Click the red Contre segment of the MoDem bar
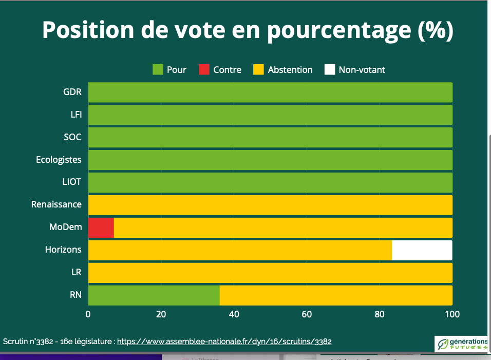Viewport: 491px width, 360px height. pyautogui.click(x=101, y=228)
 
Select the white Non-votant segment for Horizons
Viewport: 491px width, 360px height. pyautogui.click(x=422, y=250)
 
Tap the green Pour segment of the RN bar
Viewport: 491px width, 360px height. pyautogui.click(x=154, y=295)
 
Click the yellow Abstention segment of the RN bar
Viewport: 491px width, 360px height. pyautogui.click(x=336, y=295)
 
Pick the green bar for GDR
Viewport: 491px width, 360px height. pyautogui.click(x=270, y=92)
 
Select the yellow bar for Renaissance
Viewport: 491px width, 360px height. pyautogui.click(x=270, y=205)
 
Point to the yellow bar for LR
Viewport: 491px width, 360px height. pyautogui.click(x=270, y=273)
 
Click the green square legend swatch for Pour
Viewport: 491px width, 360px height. pyautogui.click(x=158, y=70)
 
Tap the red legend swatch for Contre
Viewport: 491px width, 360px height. pyautogui.click(x=204, y=70)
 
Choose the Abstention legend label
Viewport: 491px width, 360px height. pyautogui.click(x=290, y=70)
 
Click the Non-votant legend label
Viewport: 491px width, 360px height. pyautogui.click(x=362, y=70)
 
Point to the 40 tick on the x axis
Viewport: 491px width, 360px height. pyautogui.click(x=234, y=314)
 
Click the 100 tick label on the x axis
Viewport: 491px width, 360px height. pyautogui.click(x=452, y=314)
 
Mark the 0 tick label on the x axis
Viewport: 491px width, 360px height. pyautogui.click(x=88, y=314)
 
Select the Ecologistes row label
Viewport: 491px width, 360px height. pyautogui.click(x=59, y=160)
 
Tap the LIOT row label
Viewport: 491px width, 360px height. pyautogui.click(x=72, y=182)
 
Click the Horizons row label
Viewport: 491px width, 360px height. pyautogui.click(x=63, y=250)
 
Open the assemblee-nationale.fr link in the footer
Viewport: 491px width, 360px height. pyautogui.click(x=224, y=341)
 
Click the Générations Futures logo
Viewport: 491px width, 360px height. pyautogui.click(x=461, y=344)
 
